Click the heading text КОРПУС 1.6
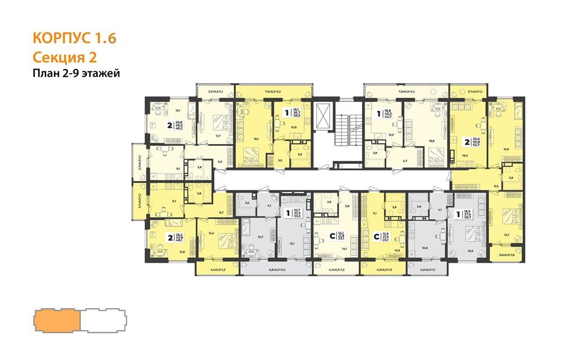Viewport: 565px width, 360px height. click(x=73, y=40)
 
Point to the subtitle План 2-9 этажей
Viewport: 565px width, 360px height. click(x=76, y=74)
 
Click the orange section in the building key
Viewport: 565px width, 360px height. click(x=58, y=320)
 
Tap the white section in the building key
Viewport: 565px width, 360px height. click(x=103, y=320)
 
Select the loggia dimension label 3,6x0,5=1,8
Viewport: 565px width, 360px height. click(x=506, y=255)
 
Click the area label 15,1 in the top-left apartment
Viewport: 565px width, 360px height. click(x=177, y=110)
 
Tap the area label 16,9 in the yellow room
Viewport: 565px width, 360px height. click(x=507, y=149)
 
